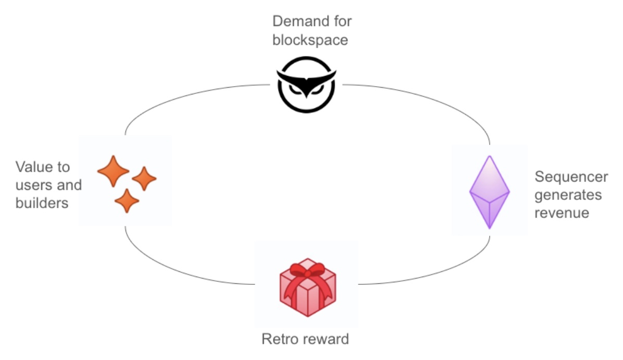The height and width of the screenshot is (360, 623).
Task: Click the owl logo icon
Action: [x=304, y=84]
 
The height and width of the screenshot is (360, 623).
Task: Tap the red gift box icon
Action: [x=307, y=287]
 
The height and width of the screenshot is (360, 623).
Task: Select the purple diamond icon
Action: [x=489, y=191]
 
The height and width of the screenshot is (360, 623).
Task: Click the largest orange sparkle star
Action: [x=113, y=171]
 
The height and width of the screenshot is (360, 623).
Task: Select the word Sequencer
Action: [x=571, y=177]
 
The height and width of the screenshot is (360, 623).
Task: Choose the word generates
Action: [x=568, y=195]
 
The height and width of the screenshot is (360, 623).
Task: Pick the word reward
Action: [x=327, y=340]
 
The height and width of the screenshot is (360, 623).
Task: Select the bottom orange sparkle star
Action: [x=127, y=201]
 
